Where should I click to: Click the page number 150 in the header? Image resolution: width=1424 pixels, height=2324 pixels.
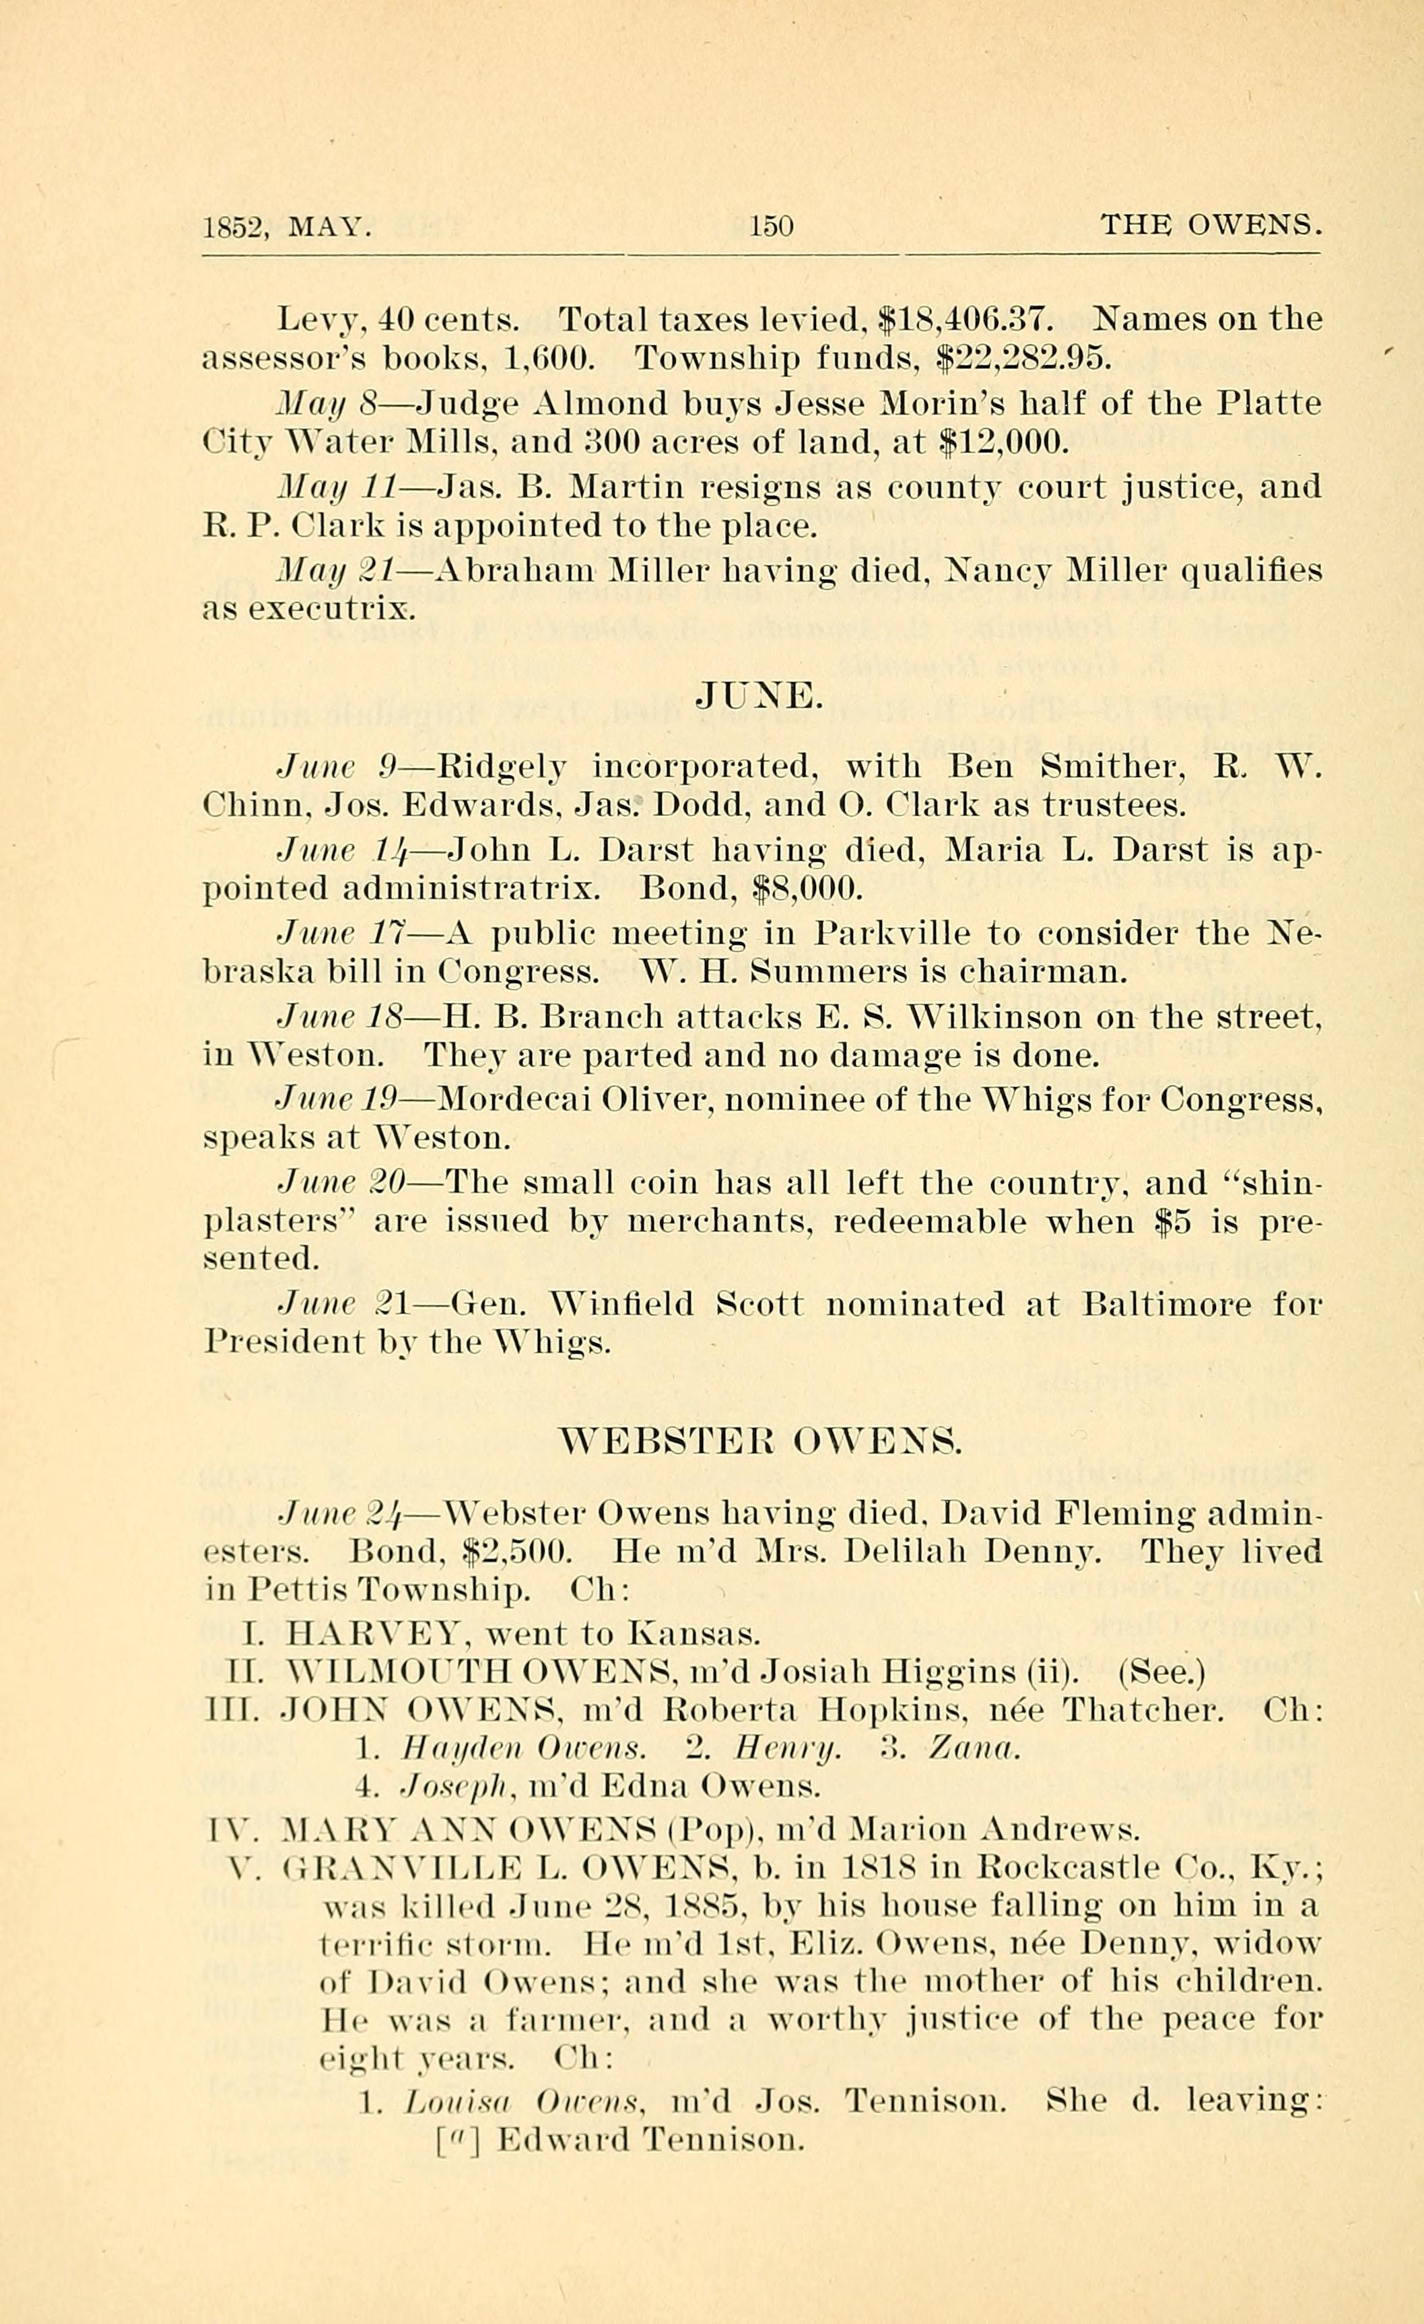[x=770, y=226]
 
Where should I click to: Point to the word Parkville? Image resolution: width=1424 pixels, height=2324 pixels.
[x=892, y=933]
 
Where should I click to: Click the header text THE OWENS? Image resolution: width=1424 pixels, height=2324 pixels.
[x=1211, y=226]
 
